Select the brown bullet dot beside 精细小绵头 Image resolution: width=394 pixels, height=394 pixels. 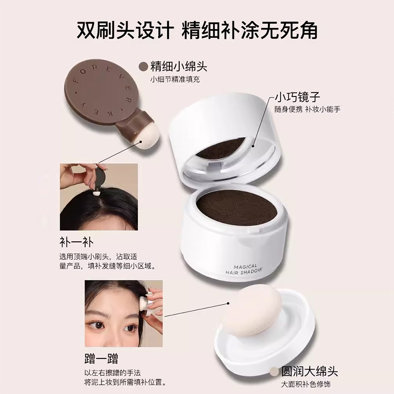(x=143, y=66)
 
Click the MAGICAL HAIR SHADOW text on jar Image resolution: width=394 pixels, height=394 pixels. (x=245, y=265)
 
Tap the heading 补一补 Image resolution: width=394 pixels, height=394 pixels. (x=75, y=242)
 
